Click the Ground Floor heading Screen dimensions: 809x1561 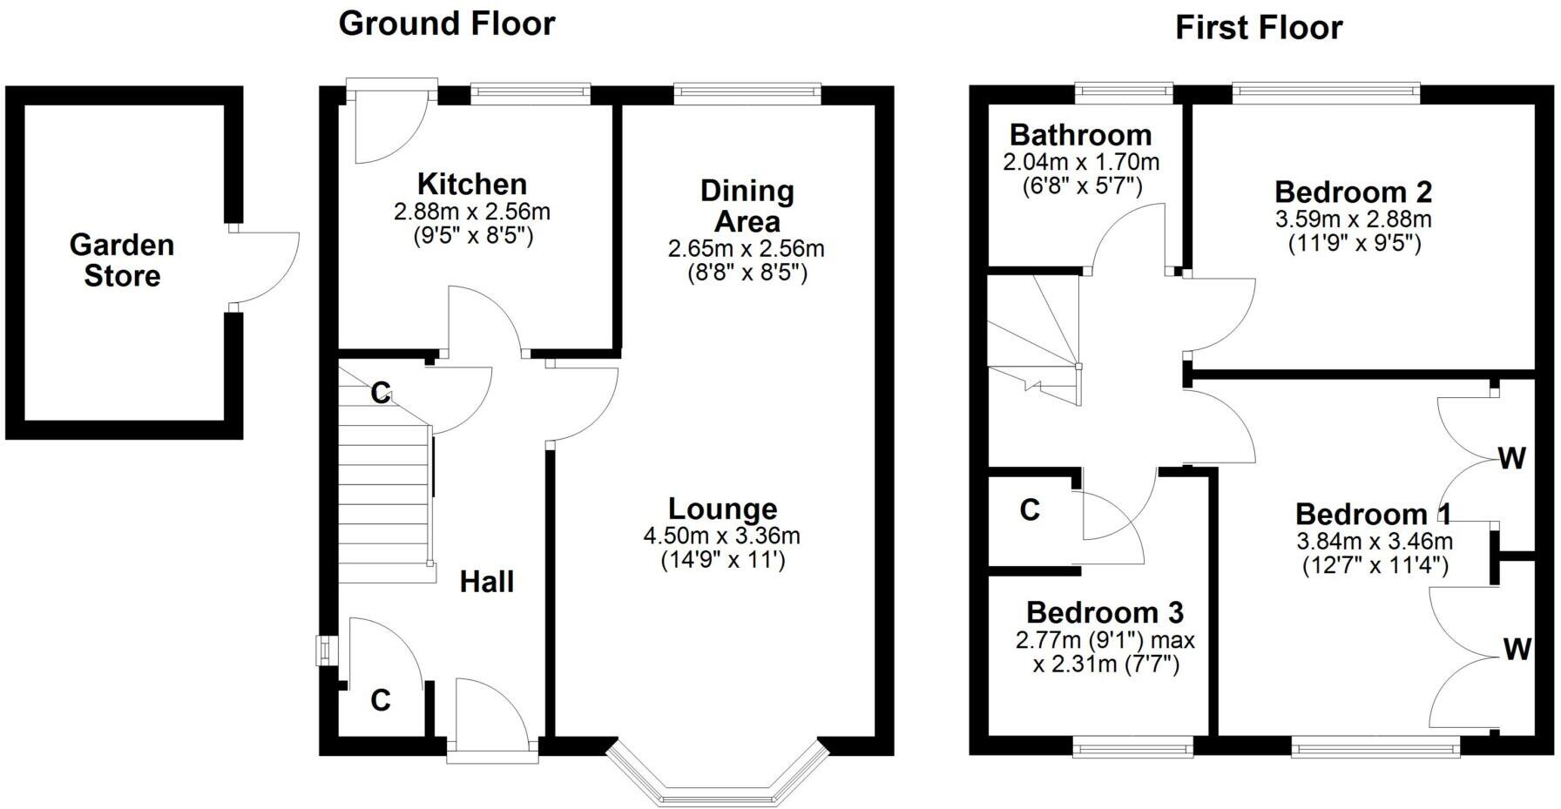446,24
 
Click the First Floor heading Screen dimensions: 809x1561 1258,28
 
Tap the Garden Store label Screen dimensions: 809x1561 122,260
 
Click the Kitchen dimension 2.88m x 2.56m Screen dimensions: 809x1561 472,212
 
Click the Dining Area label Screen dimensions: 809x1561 747,206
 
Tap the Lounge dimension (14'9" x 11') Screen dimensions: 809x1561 723,561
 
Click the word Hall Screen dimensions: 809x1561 486,582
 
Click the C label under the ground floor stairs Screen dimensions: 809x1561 380,394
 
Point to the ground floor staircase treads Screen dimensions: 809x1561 383,505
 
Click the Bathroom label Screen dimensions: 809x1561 1080,135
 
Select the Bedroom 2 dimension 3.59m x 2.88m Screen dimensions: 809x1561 1353,219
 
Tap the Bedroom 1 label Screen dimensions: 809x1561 1373,514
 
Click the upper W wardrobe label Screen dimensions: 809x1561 1511,458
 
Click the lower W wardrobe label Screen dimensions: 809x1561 1517,649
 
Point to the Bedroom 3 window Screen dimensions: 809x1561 1132,745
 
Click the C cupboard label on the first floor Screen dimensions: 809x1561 1030,509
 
